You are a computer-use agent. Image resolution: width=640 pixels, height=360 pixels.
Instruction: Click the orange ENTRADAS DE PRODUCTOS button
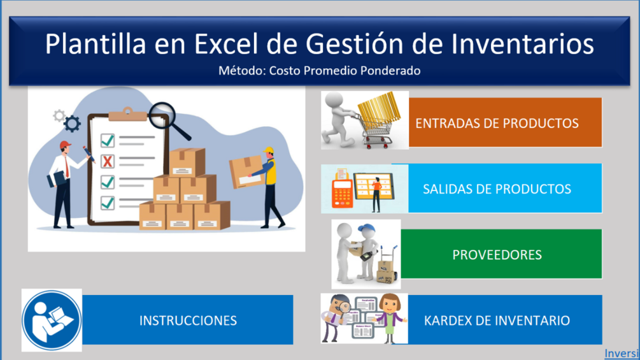coord(505,122)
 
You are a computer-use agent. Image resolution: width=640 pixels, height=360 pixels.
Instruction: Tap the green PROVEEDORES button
coord(501,254)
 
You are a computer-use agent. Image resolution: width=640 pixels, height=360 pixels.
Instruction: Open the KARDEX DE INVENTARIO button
coord(505,320)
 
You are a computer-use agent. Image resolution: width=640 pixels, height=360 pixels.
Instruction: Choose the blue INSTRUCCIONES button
coord(187,320)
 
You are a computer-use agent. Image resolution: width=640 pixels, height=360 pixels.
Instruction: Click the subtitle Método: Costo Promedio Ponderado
coord(320,71)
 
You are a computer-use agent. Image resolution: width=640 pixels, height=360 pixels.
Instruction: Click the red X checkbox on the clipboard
coord(108,162)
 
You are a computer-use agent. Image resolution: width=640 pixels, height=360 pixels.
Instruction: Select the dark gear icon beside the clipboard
coord(72,123)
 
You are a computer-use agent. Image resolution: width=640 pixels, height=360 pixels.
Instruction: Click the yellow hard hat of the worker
coord(268,151)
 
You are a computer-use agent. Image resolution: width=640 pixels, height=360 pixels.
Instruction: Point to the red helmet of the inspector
coord(65,145)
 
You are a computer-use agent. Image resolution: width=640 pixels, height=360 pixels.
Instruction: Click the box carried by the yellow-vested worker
coord(245,171)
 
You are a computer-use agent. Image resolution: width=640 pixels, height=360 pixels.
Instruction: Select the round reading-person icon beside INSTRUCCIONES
coord(52,320)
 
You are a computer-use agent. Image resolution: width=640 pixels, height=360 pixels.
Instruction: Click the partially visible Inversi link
coord(622,353)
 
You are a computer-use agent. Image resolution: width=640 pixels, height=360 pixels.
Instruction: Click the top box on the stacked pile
coord(187,162)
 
